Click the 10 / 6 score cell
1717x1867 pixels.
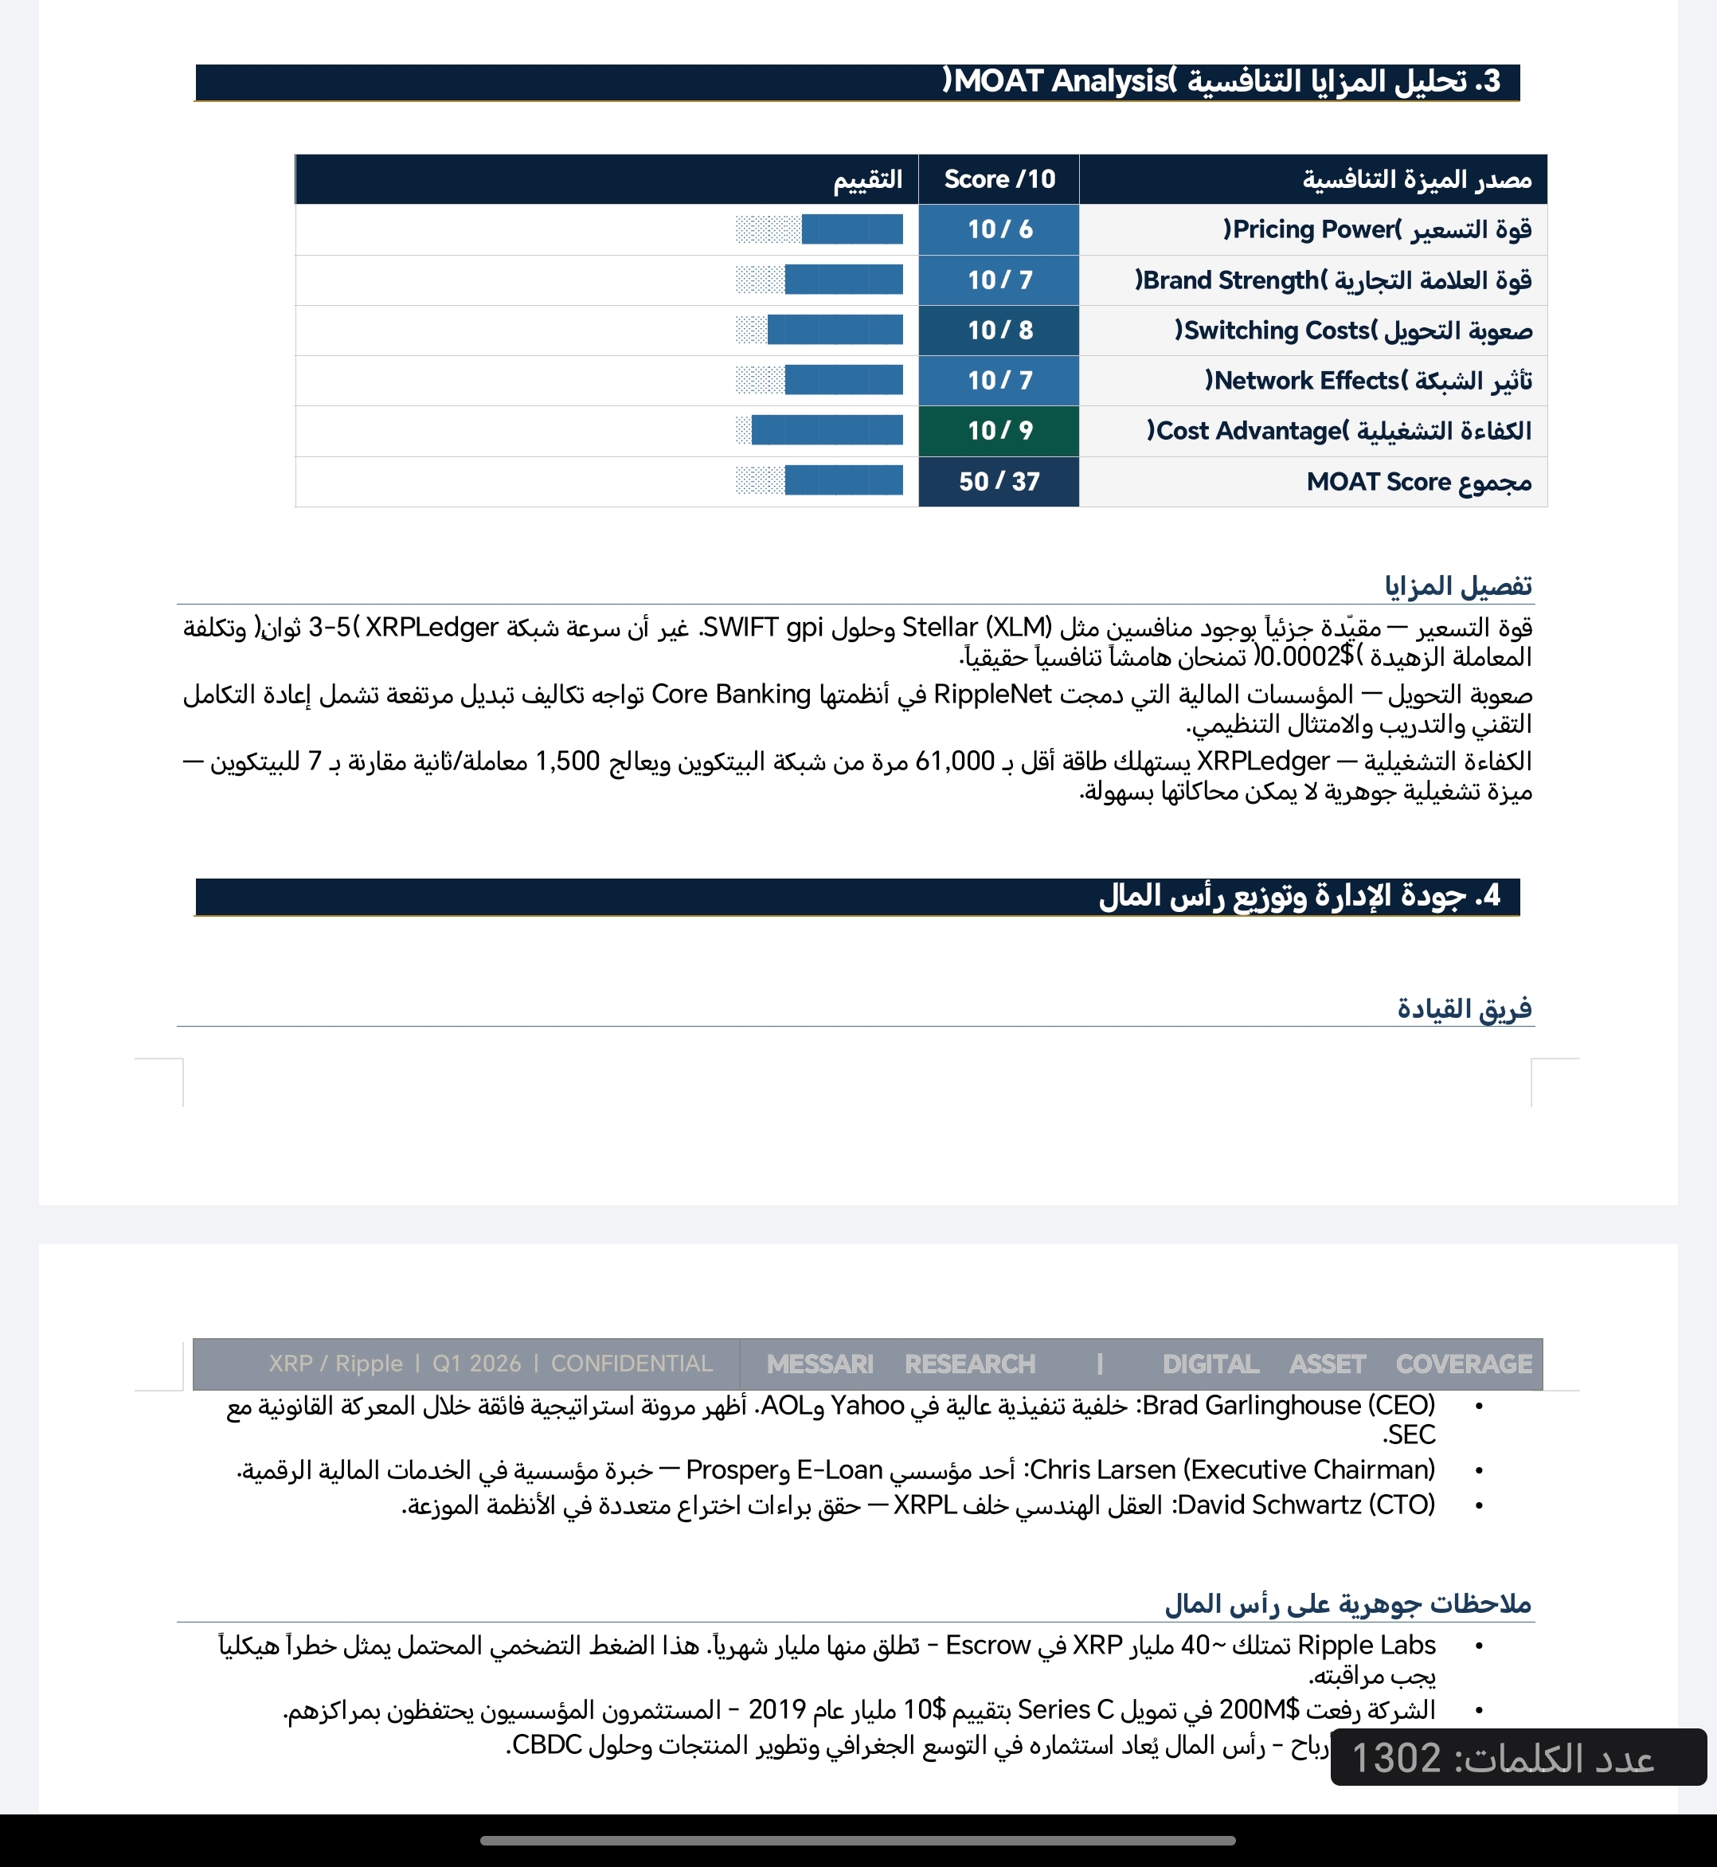coord(999,229)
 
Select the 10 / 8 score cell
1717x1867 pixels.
coord(999,330)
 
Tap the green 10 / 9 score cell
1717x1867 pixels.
coord(999,430)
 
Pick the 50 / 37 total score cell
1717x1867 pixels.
coord(999,481)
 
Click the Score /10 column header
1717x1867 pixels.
coord(999,178)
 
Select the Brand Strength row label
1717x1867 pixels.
coord(1332,280)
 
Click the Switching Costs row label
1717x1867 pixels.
coord(1353,330)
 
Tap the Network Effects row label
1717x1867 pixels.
coord(1367,380)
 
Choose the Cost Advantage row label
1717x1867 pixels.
coord(1339,430)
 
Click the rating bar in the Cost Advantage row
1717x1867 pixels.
coord(819,430)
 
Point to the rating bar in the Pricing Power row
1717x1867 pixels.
coord(819,229)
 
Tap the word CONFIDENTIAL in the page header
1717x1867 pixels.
coord(632,1364)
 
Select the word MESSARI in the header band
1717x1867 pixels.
coord(819,1364)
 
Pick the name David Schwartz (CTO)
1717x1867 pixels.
coord(1305,1505)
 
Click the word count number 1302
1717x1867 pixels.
coord(1395,1758)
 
